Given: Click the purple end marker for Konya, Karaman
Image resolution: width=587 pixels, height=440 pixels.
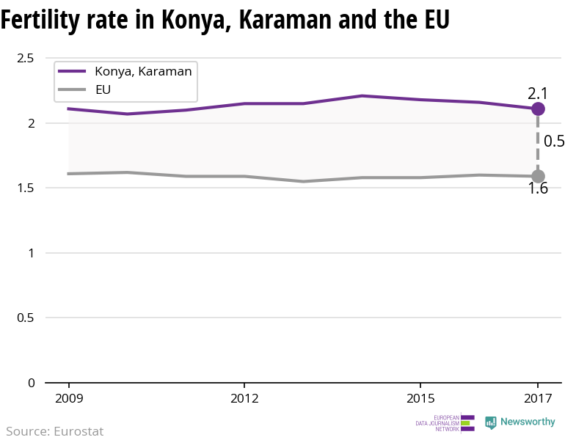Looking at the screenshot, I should (x=538, y=109).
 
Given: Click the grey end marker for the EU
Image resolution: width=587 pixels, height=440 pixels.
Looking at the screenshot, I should (x=538, y=176).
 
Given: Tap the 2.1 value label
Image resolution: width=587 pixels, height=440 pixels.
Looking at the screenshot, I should (x=538, y=93).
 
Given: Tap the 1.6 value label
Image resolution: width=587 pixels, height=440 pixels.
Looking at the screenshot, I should (x=538, y=189).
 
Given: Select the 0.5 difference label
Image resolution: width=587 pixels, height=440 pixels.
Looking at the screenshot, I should (x=554, y=142).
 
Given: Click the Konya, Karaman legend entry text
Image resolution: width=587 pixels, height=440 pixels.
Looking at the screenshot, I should (x=143, y=71).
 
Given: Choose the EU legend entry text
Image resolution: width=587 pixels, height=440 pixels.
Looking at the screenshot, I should (x=103, y=90).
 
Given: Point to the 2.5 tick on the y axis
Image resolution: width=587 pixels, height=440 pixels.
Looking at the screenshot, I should (x=26, y=58).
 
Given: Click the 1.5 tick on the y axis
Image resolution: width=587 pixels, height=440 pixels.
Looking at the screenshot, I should (x=26, y=188).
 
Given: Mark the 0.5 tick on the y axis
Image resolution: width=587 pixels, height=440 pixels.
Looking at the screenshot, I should (x=26, y=318).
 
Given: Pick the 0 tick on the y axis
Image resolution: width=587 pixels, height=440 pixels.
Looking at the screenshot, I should (x=32, y=383).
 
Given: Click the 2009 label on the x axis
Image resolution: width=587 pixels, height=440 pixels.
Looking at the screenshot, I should (x=69, y=399).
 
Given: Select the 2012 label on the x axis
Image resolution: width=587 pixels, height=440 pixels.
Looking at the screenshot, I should (x=244, y=399).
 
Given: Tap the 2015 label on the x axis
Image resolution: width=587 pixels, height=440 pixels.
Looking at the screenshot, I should (x=420, y=399).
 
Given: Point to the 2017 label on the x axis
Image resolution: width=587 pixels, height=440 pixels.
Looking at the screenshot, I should (x=538, y=399).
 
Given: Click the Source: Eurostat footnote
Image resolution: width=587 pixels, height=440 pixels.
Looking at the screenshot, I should (x=55, y=431).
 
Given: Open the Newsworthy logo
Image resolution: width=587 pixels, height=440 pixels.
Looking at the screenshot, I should (x=520, y=422).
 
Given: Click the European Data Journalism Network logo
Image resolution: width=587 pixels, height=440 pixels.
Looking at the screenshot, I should (x=445, y=423).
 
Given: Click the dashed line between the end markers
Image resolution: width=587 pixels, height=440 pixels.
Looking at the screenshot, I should (x=538, y=143).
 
